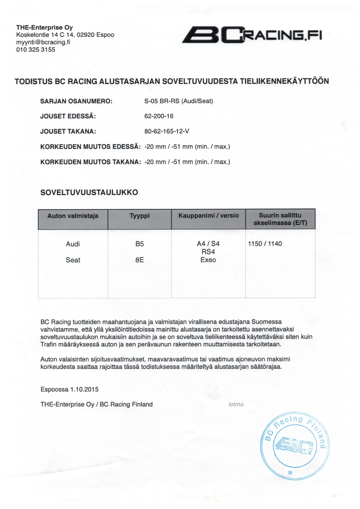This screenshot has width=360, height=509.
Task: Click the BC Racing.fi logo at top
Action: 252,36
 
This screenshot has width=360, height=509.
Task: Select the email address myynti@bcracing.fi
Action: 43,42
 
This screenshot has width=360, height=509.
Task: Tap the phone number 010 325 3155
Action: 36,49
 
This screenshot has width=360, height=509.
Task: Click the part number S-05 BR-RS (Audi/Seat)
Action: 179,101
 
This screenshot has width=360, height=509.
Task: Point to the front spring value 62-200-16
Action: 159,116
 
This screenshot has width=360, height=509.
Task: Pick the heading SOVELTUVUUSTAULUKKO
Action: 89,192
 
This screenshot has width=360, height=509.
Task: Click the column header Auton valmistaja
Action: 73,216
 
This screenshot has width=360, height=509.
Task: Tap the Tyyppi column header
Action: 139,216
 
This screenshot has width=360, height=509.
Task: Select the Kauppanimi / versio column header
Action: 208,216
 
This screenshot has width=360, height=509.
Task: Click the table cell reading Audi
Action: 73,244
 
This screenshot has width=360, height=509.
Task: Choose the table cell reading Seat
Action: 73,260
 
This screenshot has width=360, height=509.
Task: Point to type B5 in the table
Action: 139,244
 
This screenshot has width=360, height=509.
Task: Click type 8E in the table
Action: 139,260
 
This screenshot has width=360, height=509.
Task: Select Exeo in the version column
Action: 208,260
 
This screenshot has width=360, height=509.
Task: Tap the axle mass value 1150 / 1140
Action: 265,244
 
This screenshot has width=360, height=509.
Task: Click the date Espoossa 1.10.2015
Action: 70,389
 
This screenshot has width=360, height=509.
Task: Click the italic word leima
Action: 236,404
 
